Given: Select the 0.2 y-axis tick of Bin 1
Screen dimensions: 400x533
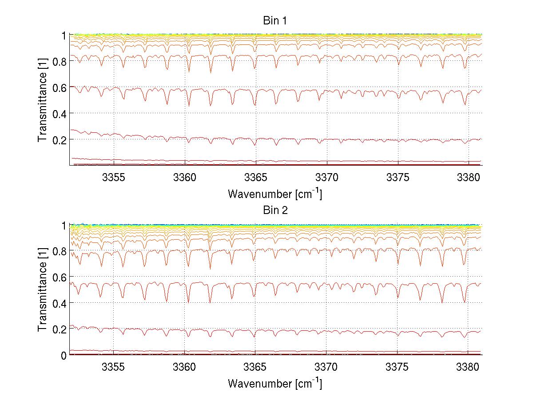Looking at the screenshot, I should pyautogui.click(x=59, y=139).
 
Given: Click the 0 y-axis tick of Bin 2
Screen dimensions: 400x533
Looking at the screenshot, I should pyautogui.click(x=64, y=355).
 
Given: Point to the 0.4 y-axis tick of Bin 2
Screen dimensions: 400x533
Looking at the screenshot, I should pyautogui.click(x=59, y=303).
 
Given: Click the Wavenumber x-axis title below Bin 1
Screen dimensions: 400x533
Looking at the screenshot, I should pyautogui.click(x=274, y=194).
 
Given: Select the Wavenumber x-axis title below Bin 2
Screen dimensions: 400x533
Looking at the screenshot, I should pyautogui.click(x=274, y=383).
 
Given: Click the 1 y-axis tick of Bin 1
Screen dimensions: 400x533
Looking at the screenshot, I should pyautogui.click(x=64, y=35).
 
